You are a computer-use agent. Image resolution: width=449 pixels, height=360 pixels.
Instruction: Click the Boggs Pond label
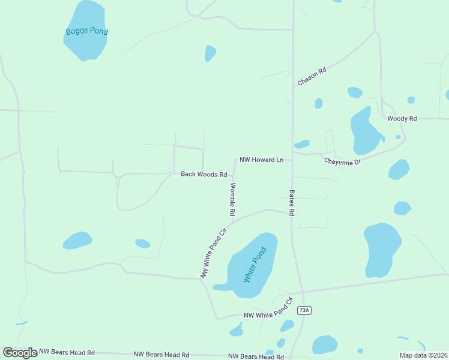[x=86, y=31]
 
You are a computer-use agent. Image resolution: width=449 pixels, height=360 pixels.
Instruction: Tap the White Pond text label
[x=255, y=265]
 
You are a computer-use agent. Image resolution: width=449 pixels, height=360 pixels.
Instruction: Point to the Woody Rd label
[x=402, y=119]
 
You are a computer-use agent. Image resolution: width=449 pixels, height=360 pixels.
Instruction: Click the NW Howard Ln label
[x=261, y=160]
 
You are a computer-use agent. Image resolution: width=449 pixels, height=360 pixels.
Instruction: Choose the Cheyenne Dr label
[x=343, y=161]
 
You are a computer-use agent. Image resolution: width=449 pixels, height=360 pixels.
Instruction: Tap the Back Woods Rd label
[x=204, y=174]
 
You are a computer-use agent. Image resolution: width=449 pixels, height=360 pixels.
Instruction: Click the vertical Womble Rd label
[x=232, y=200]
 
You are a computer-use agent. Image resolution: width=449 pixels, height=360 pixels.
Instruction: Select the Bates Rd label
[x=292, y=203]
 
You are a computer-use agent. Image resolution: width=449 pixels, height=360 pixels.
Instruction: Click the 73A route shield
[x=305, y=310]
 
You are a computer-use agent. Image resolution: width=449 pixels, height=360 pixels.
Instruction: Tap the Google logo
[x=20, y=353]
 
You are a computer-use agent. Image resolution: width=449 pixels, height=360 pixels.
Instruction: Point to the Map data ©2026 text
[x=423, y=355]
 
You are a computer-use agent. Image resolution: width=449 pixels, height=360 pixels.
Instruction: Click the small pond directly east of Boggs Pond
[x=209, y=53]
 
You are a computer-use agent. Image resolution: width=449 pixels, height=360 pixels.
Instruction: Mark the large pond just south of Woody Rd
[x=364, y=131]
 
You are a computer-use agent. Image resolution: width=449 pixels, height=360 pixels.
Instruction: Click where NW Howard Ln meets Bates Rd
[x=292, y=160]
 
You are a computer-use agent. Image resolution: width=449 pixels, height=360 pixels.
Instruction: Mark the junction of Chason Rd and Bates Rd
[x=293, y=87]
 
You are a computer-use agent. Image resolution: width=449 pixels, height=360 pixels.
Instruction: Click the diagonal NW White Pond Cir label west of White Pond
[x=213, y=252]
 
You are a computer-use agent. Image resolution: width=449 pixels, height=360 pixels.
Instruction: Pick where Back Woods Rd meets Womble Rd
[x=234, y=175]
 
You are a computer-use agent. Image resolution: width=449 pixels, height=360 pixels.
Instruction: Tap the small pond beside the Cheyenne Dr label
[x=302, y=144]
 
